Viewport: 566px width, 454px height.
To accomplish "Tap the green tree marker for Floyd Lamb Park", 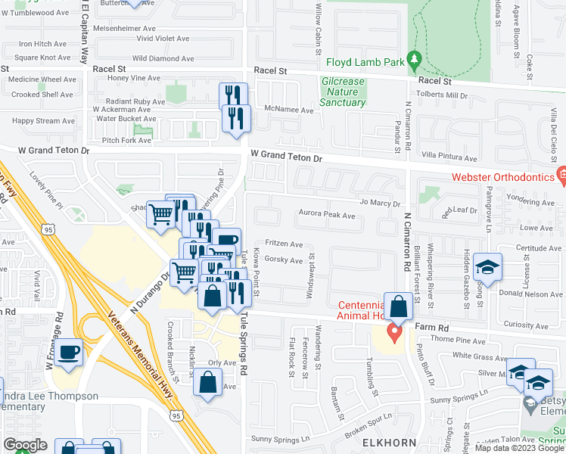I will (414, 58).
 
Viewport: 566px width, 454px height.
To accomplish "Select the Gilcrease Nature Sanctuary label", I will (344, 92).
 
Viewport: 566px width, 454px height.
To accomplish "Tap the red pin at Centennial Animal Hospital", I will (394, 332).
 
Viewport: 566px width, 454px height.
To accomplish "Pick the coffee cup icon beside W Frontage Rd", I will (69, 353).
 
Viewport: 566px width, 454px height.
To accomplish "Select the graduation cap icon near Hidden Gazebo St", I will (488, 268).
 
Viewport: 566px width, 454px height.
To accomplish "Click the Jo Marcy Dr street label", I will (380, 203).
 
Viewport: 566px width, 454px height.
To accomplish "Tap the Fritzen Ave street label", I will (285, 244).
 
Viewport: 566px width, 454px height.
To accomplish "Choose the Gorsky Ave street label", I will (284, 260).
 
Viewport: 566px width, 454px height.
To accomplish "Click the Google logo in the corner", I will (25, 445).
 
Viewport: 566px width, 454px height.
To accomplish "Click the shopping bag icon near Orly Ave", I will (207, 383).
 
